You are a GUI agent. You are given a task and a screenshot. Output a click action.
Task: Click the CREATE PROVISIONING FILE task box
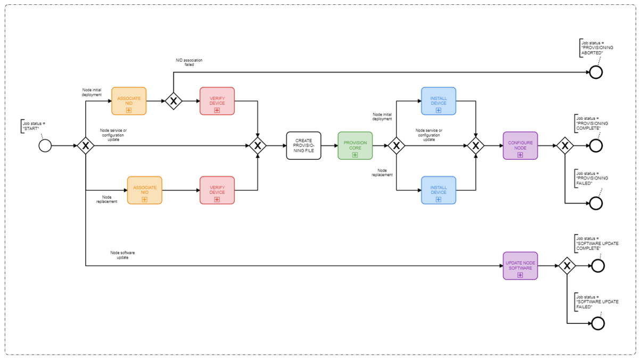pos(303,146)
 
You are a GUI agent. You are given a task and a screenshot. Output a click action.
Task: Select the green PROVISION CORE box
pos(355,146)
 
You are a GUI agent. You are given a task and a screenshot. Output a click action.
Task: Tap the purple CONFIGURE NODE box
pos(520,146)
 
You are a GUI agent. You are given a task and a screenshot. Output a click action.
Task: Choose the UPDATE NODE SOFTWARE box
pos(520,266)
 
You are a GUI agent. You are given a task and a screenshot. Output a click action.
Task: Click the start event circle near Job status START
pos(45,146)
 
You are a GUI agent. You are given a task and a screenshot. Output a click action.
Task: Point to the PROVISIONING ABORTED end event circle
pos(596,72)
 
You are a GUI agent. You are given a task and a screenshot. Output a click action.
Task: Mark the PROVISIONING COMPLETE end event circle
pos(596,146)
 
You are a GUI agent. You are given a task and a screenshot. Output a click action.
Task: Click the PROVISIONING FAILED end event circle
pos(596,203)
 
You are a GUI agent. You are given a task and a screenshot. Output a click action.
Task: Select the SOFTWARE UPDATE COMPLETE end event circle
pos(598,266)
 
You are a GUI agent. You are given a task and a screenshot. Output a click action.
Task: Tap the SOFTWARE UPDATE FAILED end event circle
pos(598,324)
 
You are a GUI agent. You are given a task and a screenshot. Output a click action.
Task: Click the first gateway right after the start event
pos(86,146)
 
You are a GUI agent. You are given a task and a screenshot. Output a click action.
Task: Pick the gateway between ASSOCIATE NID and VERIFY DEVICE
pos(174,101)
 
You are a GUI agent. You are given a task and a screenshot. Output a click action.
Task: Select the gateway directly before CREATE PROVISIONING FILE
pos(258,146)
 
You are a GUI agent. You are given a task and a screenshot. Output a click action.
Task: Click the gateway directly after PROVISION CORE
pos(396,146)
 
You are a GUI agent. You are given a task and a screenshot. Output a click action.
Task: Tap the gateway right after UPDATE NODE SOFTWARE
pos(567,266)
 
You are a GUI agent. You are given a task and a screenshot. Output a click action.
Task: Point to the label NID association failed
pos(189,62)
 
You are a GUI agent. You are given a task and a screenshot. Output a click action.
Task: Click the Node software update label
pos(122,255)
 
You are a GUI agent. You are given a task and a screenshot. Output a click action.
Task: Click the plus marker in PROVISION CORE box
pos(355,155)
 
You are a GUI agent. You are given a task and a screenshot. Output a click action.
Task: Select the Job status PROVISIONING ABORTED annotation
pos(597,48)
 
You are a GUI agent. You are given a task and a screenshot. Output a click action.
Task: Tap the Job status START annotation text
pos(34,126)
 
